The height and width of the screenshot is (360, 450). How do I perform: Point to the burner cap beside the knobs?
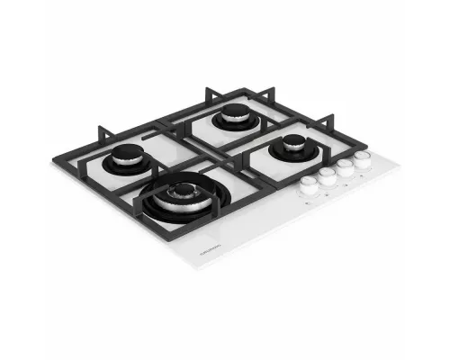pyautogui.click(x=294, y=142)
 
